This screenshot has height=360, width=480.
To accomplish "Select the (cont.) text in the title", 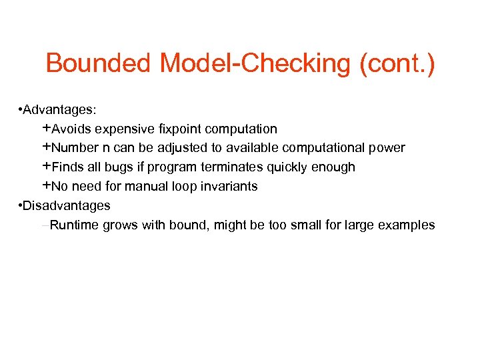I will pyautogui.click(x=397, y=64).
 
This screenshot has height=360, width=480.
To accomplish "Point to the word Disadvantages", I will pyautogui.click(x=67, y=205).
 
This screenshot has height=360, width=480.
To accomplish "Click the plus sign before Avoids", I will pyautogui.click(x=47, y=128).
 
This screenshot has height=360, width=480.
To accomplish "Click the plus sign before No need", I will pyautogui.click(x=47, y=185).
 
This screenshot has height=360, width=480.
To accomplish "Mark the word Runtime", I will pyautogui.click(x=74, y=225).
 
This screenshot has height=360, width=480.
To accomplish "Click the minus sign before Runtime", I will pyautogui.click(x=45, y=225).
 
